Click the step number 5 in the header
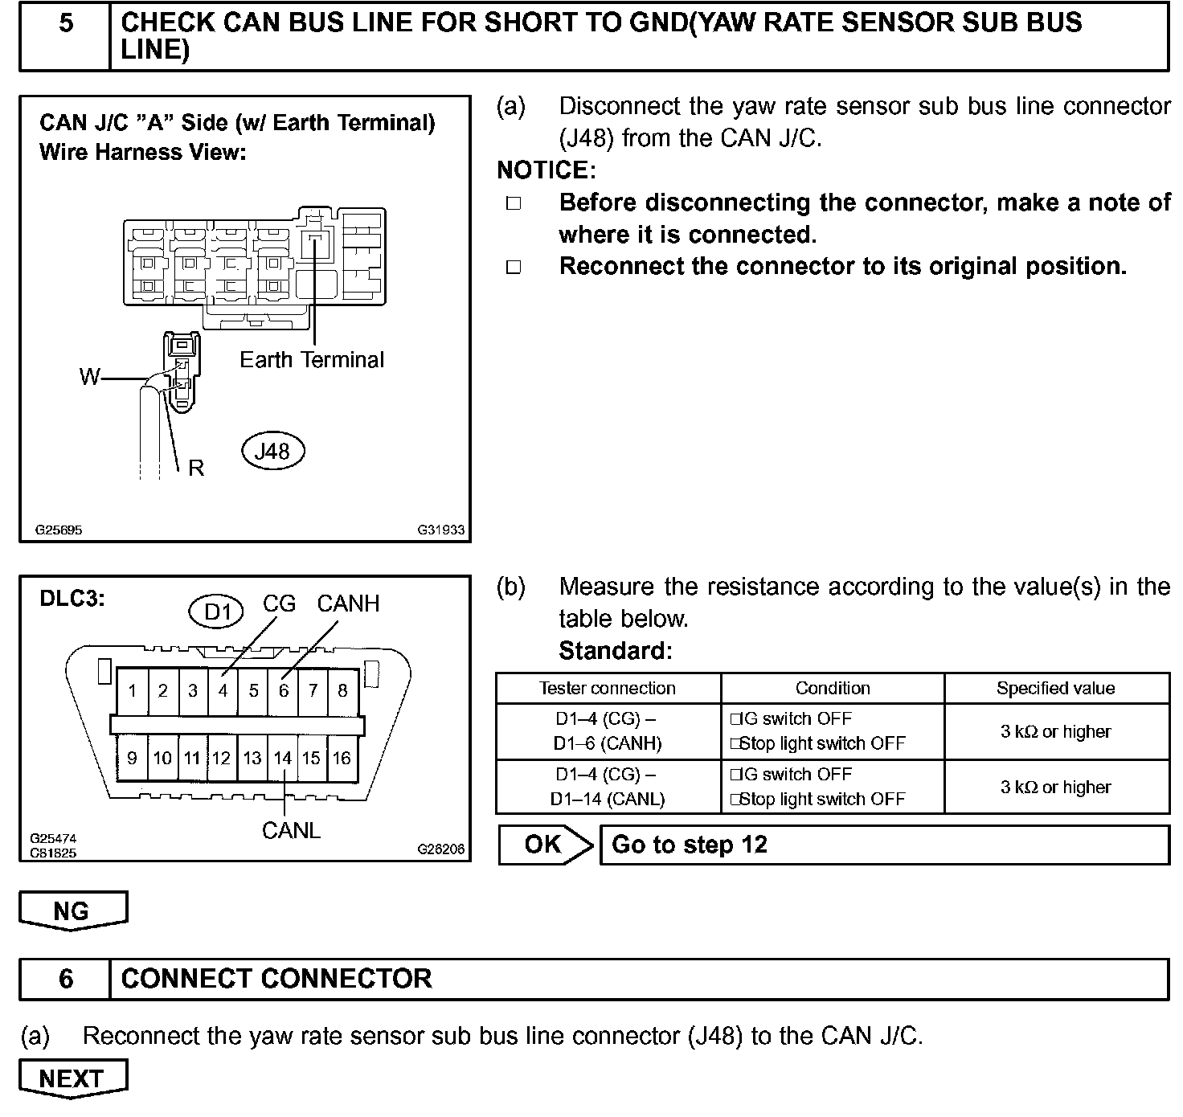click(66, 23)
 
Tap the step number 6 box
click(66, 979)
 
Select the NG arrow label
click(72, 911)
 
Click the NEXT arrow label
click(72, 1078)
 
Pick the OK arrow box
click(543, 845)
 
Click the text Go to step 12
click(690, 845)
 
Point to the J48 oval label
click(272, 451)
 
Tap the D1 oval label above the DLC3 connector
click(218, 612)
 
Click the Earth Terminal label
click(312, 359)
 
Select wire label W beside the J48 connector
click(90, 376)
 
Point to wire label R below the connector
click(196, 468)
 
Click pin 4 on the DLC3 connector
click(223, 690)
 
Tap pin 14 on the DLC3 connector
click(282, 758)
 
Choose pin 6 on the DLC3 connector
click(283, 690)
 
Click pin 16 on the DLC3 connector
click(342, 758)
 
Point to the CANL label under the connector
click(291, 830)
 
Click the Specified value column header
click(1055, 688)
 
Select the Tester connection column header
click(607, 688)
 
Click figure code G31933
click(440, 530)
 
